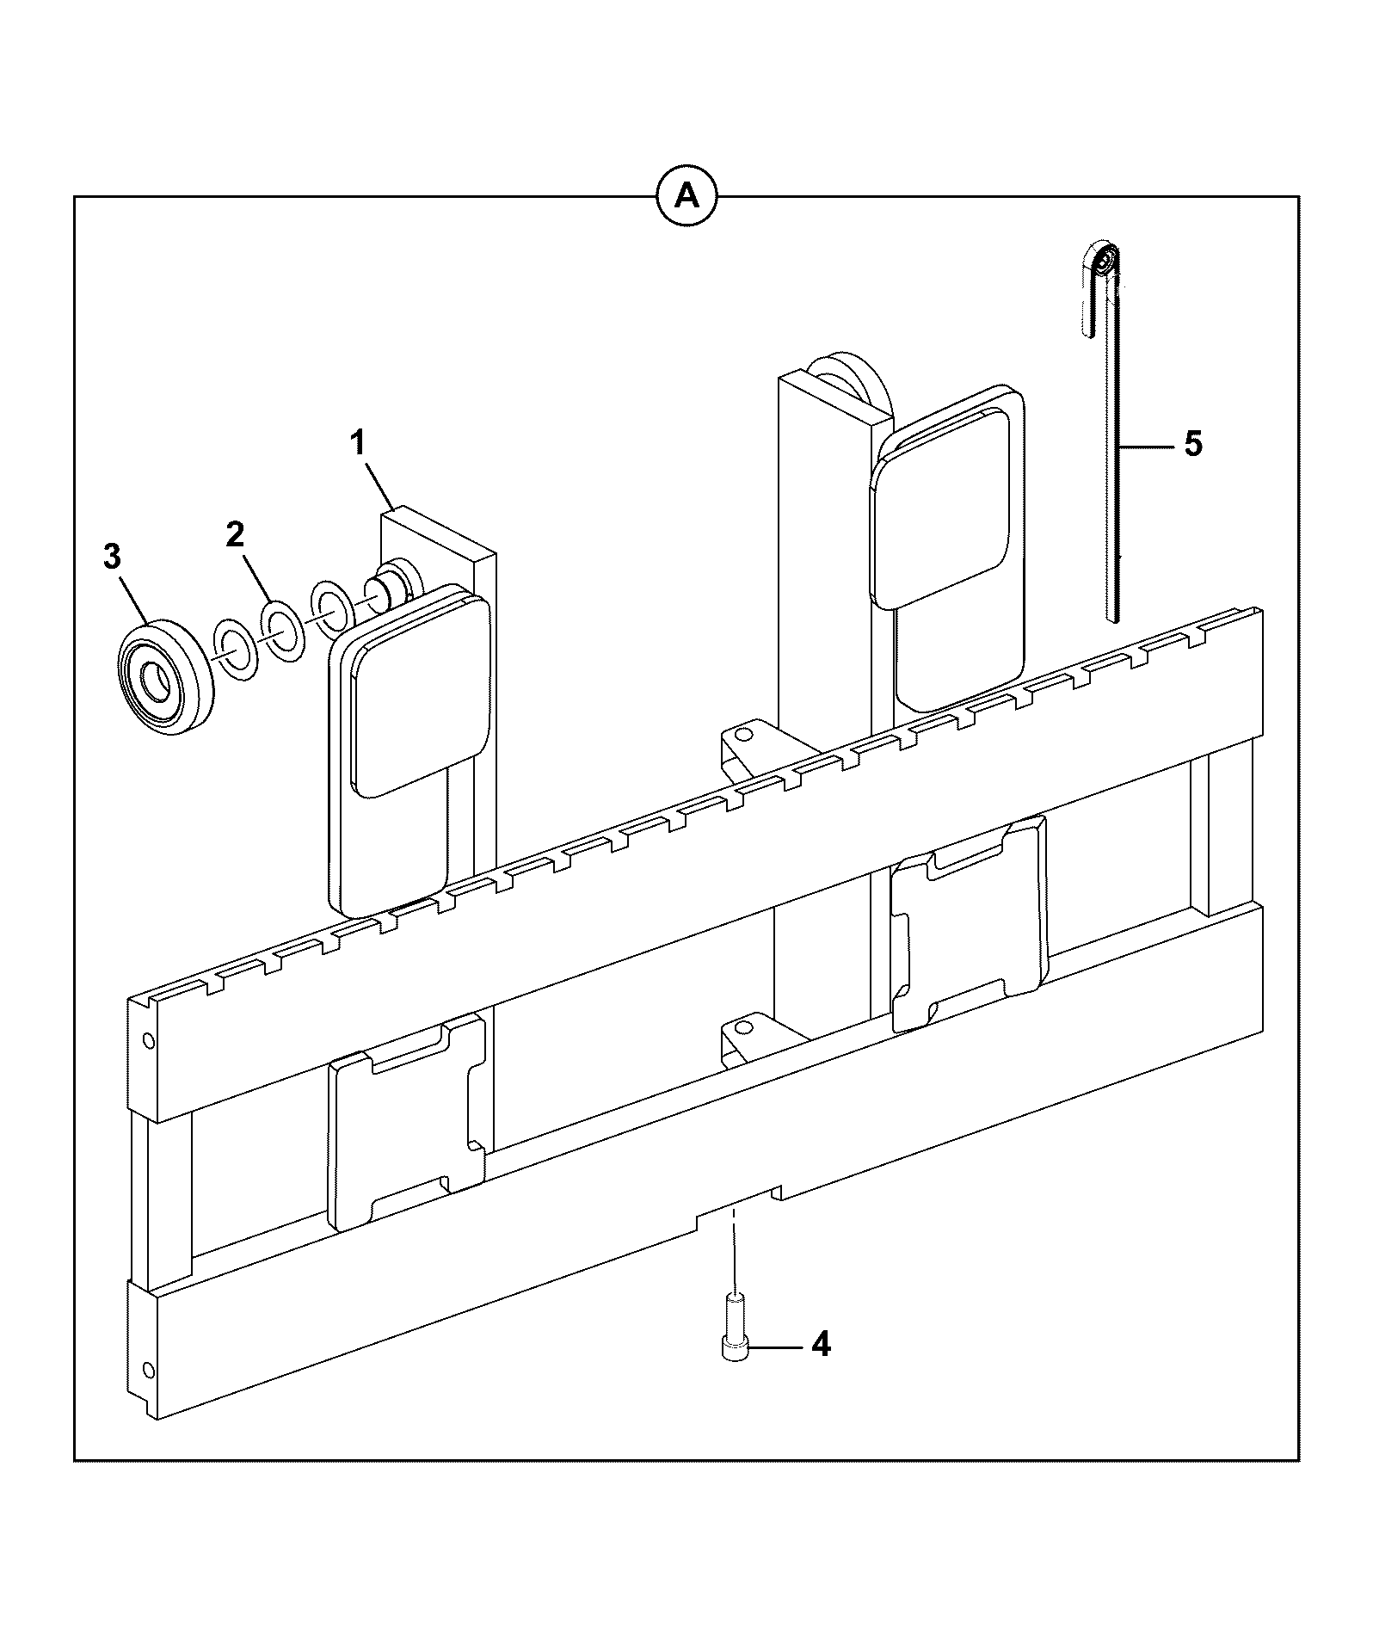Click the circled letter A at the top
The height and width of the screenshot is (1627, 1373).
tap(686, 197)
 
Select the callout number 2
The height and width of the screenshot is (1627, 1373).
tap(235, 534)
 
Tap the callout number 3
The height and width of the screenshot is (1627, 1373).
tap(113, 557)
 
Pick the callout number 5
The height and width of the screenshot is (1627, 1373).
tap(1193, 444)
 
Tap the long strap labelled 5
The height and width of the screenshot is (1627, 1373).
tap(1113, 447)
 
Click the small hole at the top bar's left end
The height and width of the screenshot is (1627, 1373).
tap(149, 1042)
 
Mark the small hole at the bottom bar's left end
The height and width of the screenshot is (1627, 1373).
tap(149, 1369)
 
